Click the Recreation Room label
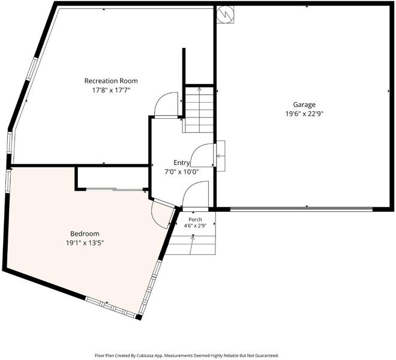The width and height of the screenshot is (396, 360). click(x=111, y=81)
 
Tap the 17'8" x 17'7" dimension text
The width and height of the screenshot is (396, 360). click(x=111, y=90)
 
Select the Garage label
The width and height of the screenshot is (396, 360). click(x=304, y=104)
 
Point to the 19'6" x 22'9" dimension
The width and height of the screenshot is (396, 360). click(x=304, y=113)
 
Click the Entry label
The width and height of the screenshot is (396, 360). click(x=182, y=163)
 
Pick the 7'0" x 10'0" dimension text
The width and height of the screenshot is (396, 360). click(x=182, y=172)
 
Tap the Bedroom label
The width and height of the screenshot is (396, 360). click(x=85, y=233)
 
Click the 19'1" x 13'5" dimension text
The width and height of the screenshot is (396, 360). click(x=85, y=243)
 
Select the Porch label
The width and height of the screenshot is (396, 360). click(x=195, y=220)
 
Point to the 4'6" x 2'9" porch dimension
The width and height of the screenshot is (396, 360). click(x=195, y=226)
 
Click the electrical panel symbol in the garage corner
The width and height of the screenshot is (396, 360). click(x=225, y=14)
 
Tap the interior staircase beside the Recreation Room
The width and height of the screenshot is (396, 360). click(x=199, y=110)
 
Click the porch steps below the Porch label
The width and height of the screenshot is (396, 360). click(x=191, y=245)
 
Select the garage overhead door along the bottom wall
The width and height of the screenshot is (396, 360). click(x=302, y=209)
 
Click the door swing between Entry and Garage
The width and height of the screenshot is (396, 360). click(x=202, y=155)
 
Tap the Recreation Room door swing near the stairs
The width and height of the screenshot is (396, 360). click(x=166, y=104)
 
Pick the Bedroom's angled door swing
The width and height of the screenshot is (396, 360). click(x=163, y=214)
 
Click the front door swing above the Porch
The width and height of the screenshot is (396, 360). click(x=195, y=194)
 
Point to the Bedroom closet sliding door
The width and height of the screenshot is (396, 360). click(x=115, y=189)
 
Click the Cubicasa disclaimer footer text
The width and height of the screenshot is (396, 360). click(x=187, y=355)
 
